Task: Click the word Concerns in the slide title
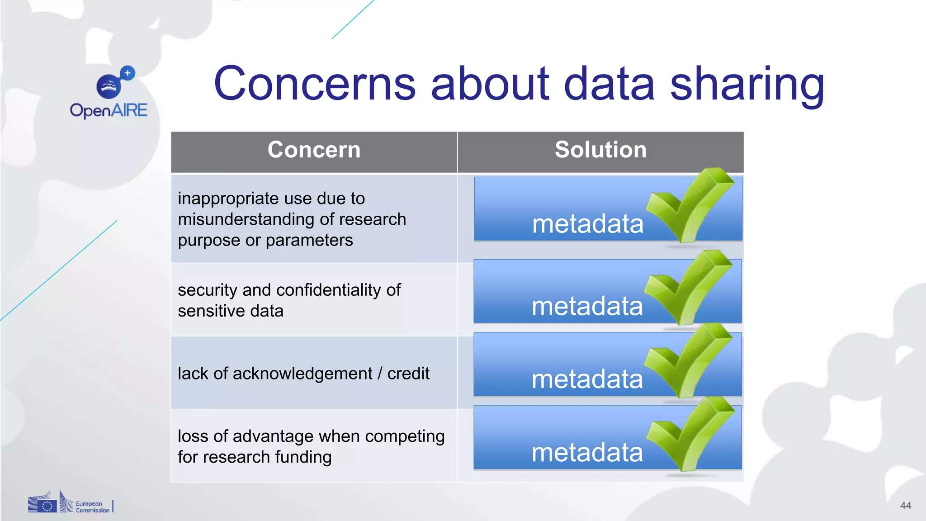coord(314,84)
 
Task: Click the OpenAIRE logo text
coord(109,110)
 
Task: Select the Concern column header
coord(314,150)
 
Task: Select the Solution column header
coord(600,150)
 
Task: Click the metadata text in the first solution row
coord(587,224)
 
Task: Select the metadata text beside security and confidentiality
coord(587,306)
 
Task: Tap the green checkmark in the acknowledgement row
coord(687,362)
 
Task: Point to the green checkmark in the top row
coord(690,206)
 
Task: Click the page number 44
coord(905,506)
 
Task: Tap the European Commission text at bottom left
coord(92,507)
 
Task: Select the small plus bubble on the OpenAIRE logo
coord(128,73)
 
